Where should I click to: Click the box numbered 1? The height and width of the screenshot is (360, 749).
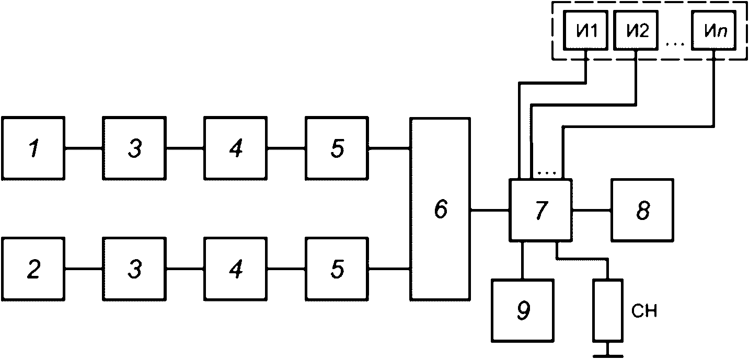(33, 148)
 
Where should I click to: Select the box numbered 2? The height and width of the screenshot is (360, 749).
(33, 269)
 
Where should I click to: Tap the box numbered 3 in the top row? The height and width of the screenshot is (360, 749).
(134, 148)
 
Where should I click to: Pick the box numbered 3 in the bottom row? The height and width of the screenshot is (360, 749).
(134, 269)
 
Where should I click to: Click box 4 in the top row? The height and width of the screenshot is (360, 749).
(236, 148)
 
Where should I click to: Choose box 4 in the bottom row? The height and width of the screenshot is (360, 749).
(236, 269)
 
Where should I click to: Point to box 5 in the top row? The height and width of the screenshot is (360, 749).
(337, 148)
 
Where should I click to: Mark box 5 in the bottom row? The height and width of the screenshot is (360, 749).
(337, 269)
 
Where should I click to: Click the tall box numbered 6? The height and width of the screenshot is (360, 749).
(441, 209)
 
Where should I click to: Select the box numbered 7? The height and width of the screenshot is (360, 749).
(540, 210)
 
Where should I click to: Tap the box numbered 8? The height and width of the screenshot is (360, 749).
(642, 210)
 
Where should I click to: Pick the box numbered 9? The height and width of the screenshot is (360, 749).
(523, 311)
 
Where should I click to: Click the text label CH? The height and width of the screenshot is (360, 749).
(644, 311)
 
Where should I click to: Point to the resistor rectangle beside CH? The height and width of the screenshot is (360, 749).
(608, 311)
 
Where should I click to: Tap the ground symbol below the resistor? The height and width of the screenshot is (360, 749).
(608, 353)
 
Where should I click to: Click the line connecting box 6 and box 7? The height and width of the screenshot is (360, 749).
(490, 210)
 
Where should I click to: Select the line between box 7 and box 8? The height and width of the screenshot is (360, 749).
(592, 210)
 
